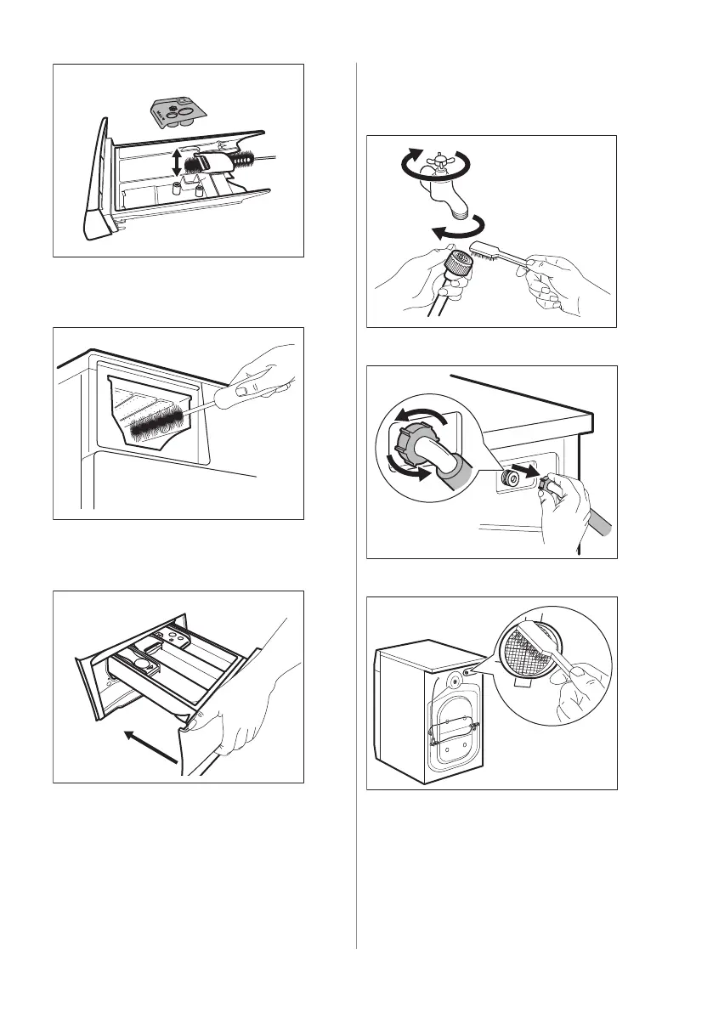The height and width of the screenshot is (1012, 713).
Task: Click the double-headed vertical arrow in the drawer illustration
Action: tap(176, 161)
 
